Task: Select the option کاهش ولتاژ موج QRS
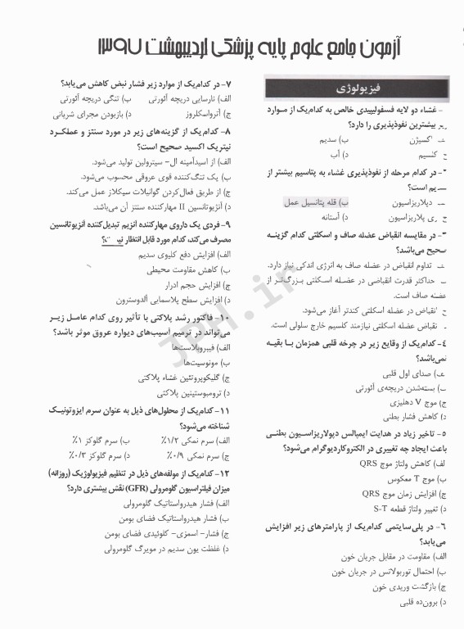[402, 463]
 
